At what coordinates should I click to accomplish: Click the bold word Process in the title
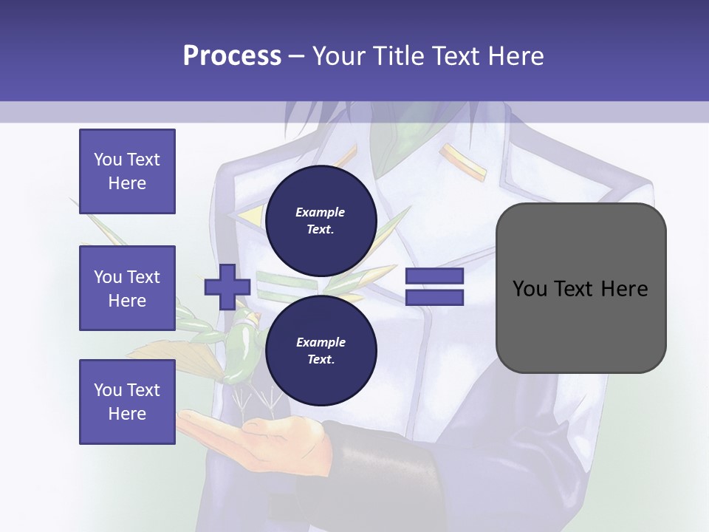tap(232, 55)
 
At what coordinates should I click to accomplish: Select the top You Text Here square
tap(127, 171)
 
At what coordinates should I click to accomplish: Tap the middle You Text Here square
tap(127, 288)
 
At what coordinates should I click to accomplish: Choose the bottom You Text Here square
tap(127, 402)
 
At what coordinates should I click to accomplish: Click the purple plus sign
tap(227, 287)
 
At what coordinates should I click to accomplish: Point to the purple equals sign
tap(434, 287)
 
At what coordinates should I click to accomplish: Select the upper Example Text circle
tap(321, 220)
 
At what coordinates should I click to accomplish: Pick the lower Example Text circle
tap(321, 351)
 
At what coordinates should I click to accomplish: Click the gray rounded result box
tap(580, 288)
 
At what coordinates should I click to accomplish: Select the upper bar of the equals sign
tap(434, 277)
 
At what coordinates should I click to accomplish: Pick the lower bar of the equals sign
tap(434, 298)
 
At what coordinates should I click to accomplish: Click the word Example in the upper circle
tap(321, 212)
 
